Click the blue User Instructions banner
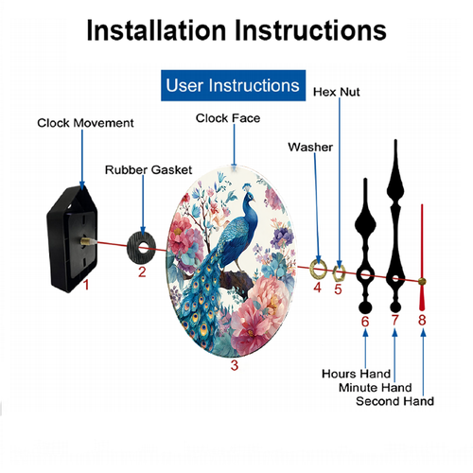coord(233,85)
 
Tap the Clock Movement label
coord(85,123)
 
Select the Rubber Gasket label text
coord(149,170)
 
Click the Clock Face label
coord(228,118)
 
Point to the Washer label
coord(310,147)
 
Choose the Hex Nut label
coord(337,92)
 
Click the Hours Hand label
coord(356,374)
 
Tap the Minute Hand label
coord(376,387)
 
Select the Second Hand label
coord(394,401)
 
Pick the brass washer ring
coord(312,271)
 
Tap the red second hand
coord(422,257)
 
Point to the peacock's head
coord(250,196)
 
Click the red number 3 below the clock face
coord(234,365)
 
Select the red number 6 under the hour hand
coord(365,322)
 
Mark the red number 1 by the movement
coord(86,285)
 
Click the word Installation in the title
coord(156,30)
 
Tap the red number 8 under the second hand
coord(422,320)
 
